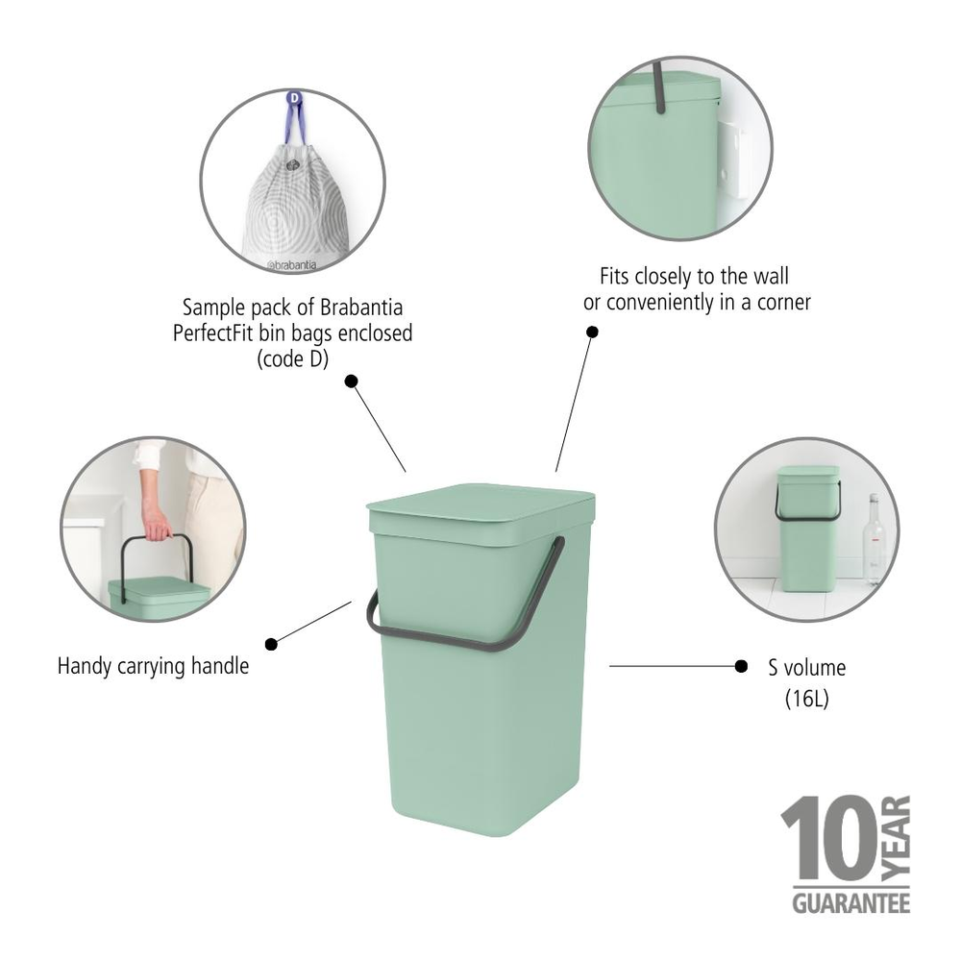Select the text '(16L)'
[x=806, y=700]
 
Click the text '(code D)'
[x=293, y=359]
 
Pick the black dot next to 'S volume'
[x=741, y=665]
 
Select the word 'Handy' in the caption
[x=85, y=665]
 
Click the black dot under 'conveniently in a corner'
[x=593, y=332]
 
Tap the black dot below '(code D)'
[x=351, y=382]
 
